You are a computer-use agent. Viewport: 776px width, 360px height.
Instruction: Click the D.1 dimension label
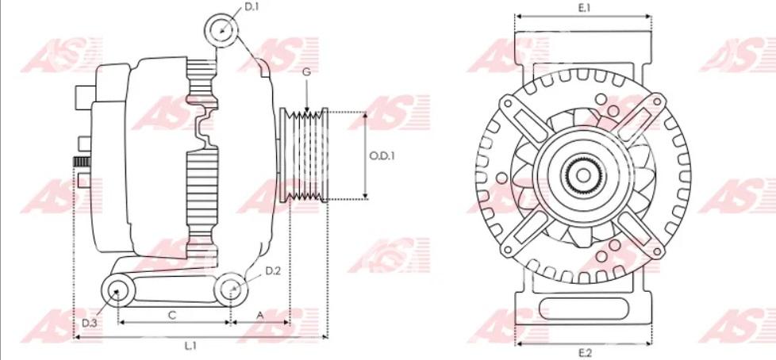[x=252, y=7]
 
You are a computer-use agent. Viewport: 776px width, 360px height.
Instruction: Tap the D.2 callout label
[x=273, y=270]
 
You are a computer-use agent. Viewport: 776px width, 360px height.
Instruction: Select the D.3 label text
[x=90, y=323]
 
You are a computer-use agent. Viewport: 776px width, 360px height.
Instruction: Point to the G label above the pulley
[x=307, y=72]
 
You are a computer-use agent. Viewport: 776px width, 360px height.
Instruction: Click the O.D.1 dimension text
[x=382, y=155]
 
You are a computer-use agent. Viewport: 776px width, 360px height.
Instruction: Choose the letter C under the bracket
[x=172, y=315]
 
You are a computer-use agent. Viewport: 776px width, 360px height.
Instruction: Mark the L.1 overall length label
[x=191, y=346]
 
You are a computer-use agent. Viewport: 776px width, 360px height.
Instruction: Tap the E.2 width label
[x=585, y=353]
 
